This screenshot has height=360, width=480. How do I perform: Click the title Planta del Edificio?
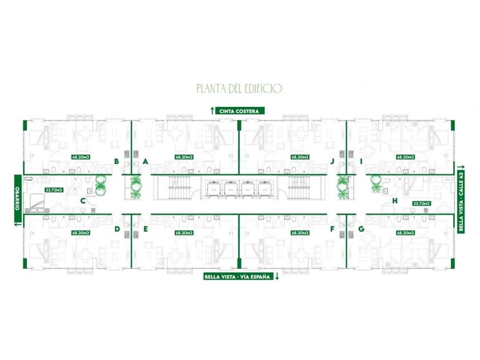(239, 89)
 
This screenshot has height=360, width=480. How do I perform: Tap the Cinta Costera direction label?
(239, 111)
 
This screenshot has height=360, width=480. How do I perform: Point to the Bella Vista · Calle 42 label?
(461, 196)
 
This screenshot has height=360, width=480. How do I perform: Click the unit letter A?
(146, 162)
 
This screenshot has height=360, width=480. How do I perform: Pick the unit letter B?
(117, 162)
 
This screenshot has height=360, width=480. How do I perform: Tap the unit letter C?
(83, 201)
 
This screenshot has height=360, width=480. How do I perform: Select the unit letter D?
(117, 229)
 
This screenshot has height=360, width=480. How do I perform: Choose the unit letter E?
(146, 229)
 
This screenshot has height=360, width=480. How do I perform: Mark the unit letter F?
(332, 229)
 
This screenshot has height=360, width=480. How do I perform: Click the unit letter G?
(361, 229)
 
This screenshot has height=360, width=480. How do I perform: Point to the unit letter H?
(395, 201)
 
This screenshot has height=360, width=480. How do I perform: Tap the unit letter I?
(361, 162)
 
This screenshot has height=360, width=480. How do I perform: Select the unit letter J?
(332, 162)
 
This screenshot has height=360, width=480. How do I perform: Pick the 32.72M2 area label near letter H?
(422, 203)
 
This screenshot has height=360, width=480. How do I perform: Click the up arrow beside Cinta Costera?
(212, 111)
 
